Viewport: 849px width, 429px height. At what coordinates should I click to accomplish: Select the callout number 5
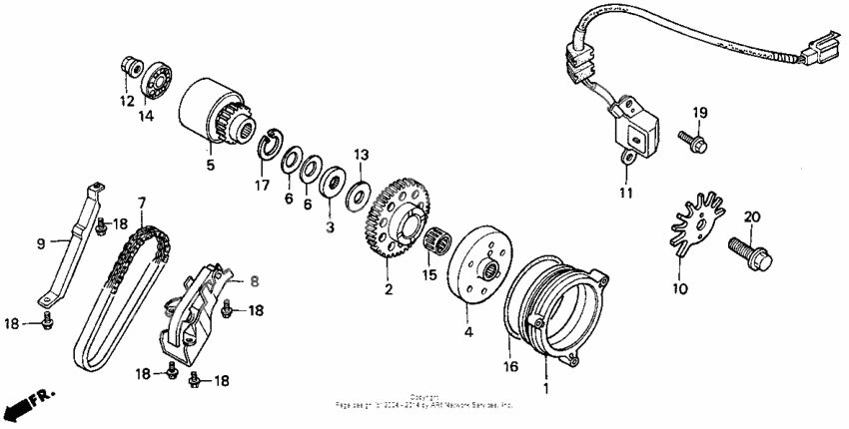coord(211,165)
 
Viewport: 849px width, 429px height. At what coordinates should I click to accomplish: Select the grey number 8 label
coord(254,281)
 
